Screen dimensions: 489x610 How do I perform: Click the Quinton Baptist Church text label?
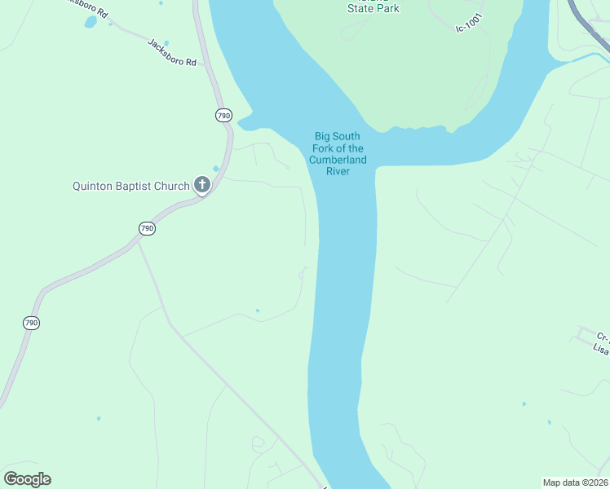click(x=130, y=186)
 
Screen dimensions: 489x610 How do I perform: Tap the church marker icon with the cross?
click(x=201, y=186)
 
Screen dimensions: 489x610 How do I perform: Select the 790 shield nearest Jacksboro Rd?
click(x=224, y=115)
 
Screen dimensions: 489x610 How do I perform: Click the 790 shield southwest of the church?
click(x=146, y=228)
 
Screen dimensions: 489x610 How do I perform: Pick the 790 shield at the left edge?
click(x=31, y=323)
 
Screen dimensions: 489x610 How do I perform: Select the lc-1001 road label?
click(x=471, y=28)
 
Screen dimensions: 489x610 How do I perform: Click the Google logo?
click(x=27, y=478)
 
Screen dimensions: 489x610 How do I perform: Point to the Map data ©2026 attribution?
click(x=574, y=482)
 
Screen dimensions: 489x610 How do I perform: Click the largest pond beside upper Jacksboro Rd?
click(x=90, y=22)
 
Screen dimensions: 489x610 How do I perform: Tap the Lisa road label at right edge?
click(x=601, y=348)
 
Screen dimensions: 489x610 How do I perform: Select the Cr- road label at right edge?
click(x=603, y=336)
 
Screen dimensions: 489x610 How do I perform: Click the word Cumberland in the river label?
click(x=338, y=160)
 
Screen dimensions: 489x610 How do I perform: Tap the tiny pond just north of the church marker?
click(x=215, y=169)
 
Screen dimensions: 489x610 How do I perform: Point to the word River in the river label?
click(x=338, y=171)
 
